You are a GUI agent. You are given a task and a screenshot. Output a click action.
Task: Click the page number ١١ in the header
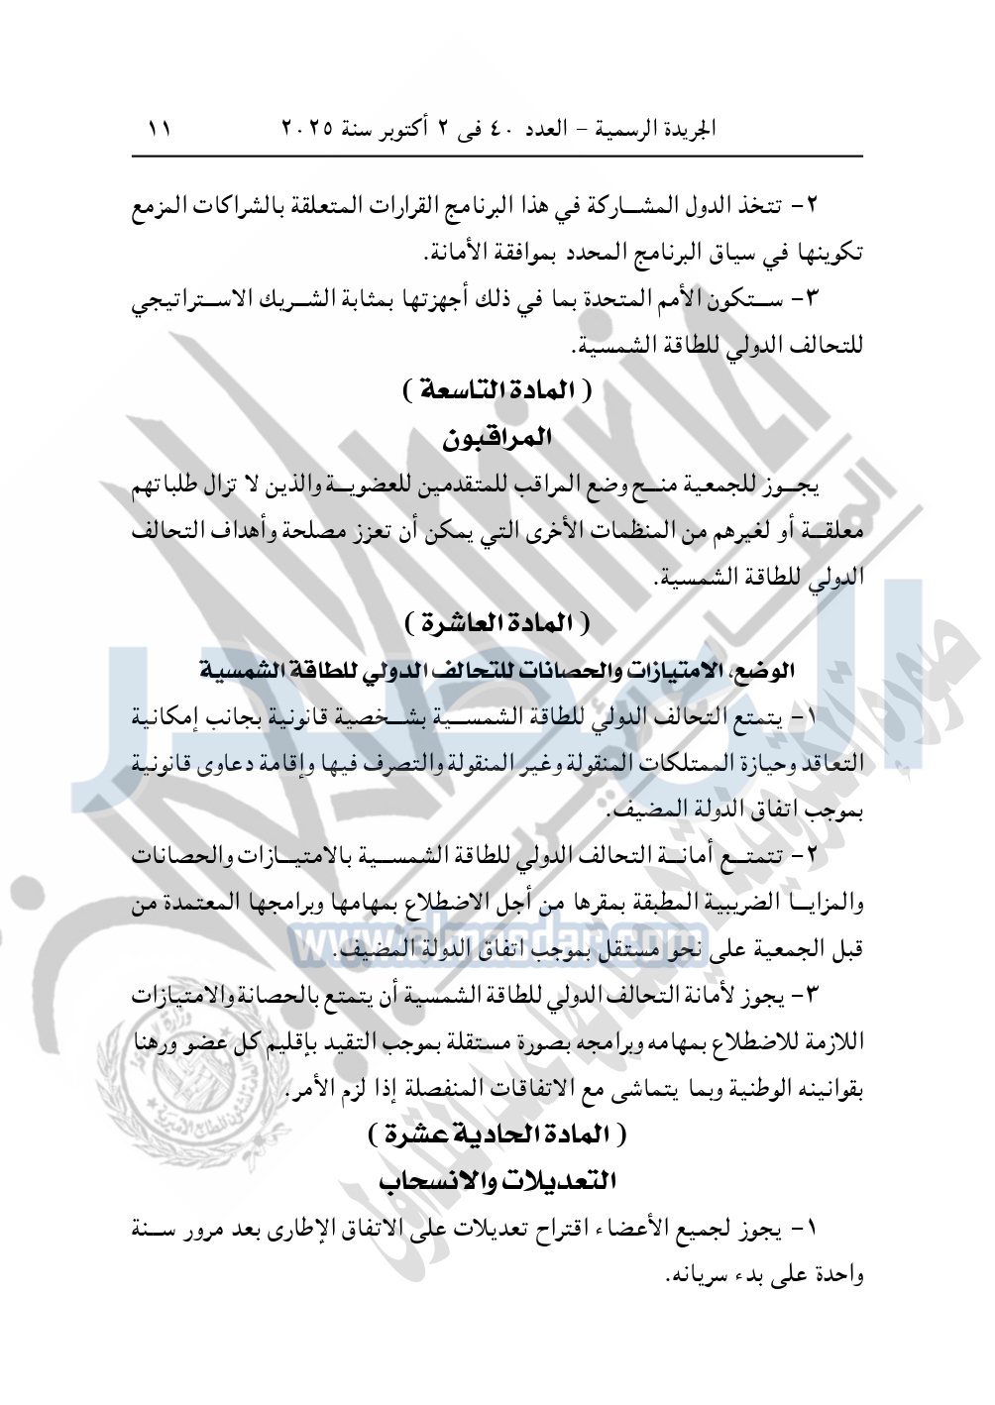pyautogui.click(x=160, y=129)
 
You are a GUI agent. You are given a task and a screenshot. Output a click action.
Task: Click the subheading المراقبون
pyautogui.click(x=497, y=437)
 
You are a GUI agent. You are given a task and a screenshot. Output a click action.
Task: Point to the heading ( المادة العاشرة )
pyautogui.click(x=498, y=624)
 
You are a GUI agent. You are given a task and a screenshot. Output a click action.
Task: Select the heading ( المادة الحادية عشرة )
pyautogui.click(x=497, y=1134)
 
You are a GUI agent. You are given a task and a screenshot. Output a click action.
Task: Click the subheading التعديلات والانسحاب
pyautogui.click(x=497, y=1181)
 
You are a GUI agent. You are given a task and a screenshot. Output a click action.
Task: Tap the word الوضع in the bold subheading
pyautogui.click(x=770, y=671)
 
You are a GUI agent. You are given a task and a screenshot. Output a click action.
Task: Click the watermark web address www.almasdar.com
pyautogui.click(x=496, y=938)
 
